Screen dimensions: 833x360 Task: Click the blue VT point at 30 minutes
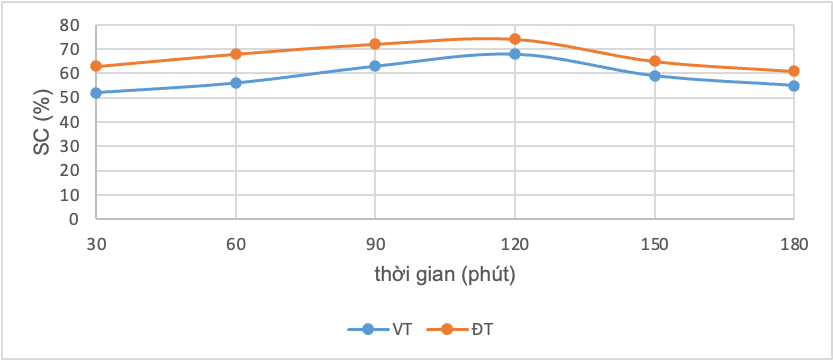96,93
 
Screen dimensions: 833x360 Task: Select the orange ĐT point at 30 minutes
96,66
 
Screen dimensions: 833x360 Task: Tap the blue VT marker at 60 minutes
236,83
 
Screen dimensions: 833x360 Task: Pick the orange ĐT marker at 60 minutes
236,54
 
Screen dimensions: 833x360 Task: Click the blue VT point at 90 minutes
375,66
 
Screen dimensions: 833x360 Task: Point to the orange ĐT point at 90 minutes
375,44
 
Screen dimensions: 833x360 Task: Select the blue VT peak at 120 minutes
515,54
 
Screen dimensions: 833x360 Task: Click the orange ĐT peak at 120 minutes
515,39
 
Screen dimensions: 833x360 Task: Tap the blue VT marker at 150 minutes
654,76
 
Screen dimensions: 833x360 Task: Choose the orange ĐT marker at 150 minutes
654,61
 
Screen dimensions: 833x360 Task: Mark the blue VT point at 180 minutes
794,85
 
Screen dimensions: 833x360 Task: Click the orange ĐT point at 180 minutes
794,71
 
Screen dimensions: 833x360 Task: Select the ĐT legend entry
460,329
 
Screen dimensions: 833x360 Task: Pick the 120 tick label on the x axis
515,244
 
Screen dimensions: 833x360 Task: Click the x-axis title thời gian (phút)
445,276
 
